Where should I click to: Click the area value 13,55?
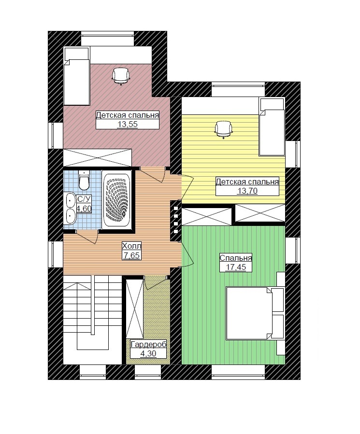click(x=128, y=124)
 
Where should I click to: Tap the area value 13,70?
click(x=247, y=191)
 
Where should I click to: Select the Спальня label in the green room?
click(x=235, y=258)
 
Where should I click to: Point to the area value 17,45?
click(x=235, y=267)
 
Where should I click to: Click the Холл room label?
click(x=131, y=246)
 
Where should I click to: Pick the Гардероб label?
click(x=148, y=345)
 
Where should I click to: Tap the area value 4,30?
click(x=148, y=353)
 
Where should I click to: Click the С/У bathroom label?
click(x=84, y=199)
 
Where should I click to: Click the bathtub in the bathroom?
click(x=116, y=199)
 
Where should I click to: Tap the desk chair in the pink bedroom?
click(x=121, y=76)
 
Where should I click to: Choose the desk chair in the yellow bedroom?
click(x=224, y=129)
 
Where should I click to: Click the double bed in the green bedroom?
click(x=249, y=313)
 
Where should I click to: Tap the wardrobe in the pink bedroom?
click(x=97, y=157)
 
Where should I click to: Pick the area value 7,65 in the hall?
click(x=131, y=255)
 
